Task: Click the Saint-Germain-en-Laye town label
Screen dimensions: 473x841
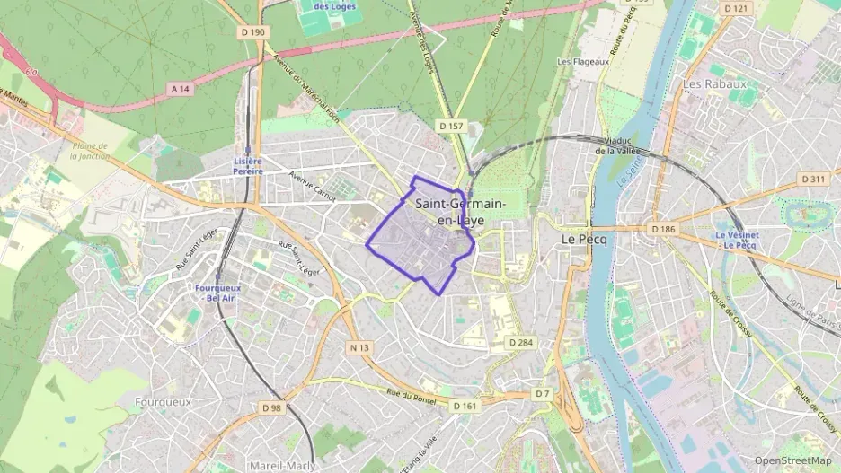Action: pyautogui.click(x=460, y=212)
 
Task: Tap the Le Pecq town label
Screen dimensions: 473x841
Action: pyautogui.click(x=580, y=241)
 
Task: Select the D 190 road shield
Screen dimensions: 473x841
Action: pyautogui.click(x=254, y=32)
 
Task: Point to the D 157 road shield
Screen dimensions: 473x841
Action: pyautogui.click(x=451, y=127)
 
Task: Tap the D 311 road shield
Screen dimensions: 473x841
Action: pyautogui.click(x=814, y=179)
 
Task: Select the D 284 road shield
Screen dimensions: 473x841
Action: pyautogui.click(x=520, y=342)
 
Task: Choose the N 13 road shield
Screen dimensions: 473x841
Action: pyautogui.click(x=359, y=347)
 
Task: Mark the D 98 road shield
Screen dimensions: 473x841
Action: pyautogui.click(x=272, y=407)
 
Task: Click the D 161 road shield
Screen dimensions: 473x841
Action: pyautogui.click(x=465, y=406)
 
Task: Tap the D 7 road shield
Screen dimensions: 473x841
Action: pyautogui.click(x=542, y=394)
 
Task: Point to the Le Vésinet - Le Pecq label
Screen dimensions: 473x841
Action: pyautogui.click(x=738, y=241)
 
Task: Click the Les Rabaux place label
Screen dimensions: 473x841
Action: pyautogui.click(x=715, y=84)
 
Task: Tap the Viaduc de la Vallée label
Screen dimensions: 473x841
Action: pyautogui.click(x=615, y=145)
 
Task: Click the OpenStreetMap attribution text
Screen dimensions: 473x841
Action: pyautogui.click(x=793, y=460)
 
